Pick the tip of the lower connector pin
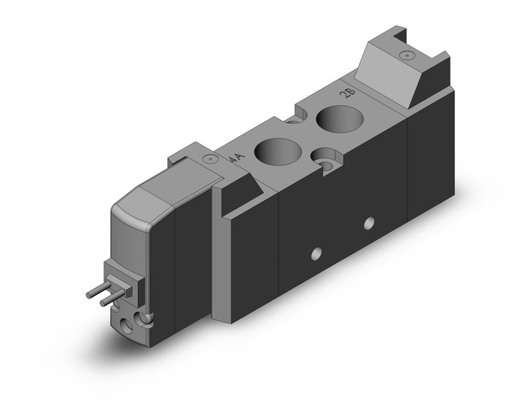pyautogui.click(x=103, y=303)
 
